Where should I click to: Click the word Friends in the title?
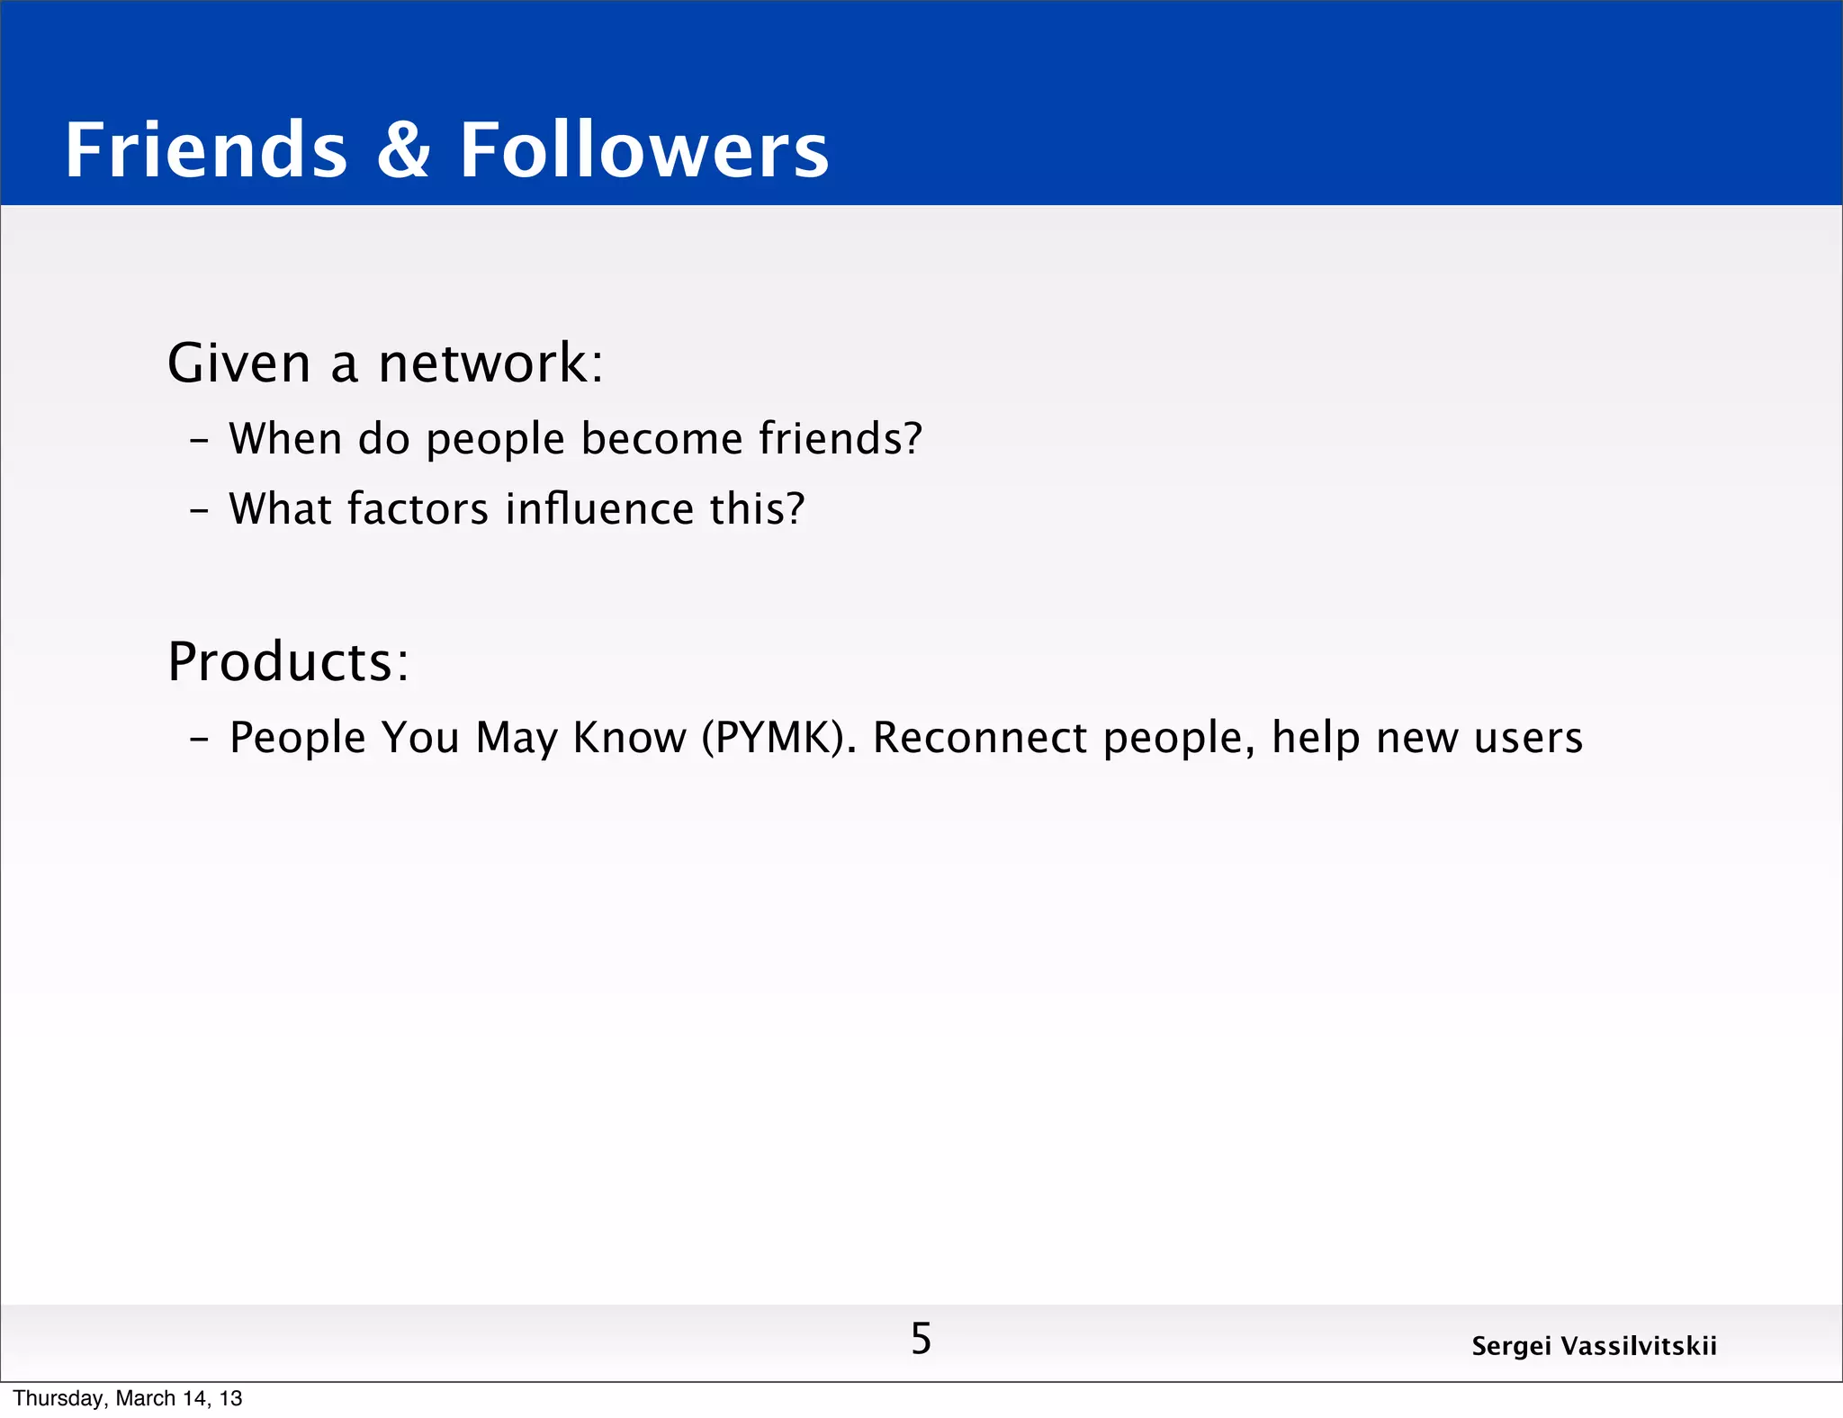coord(206,150)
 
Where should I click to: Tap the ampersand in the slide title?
coord(403,150)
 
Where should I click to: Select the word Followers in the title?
coord(644,150)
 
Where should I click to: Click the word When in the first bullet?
coord(285,439)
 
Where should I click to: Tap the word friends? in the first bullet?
coord(841,439)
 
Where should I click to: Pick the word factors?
coord(418,509)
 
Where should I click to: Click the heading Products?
coord(289,662)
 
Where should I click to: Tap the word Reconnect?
coord(980,738)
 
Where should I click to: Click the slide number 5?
coord(921,1339)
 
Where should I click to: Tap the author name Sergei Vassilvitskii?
coord(1594,1346)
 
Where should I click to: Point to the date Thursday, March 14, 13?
coord(128,1398)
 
